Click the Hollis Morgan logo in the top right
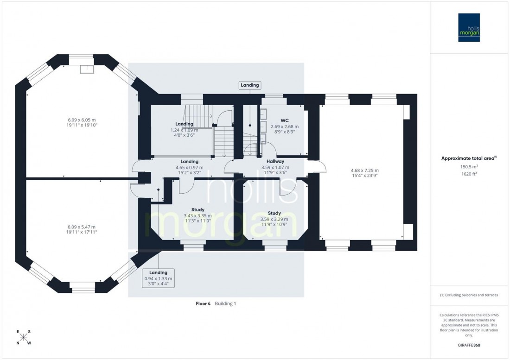(x=469, y=27)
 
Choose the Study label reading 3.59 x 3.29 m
(x=274, y=213)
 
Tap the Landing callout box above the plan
(x=250, y=85)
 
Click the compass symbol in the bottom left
(x=24, y=338)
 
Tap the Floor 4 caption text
(x=203, y=303)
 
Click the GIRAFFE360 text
(x=469, y=345)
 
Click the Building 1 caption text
(x=226, y=303)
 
